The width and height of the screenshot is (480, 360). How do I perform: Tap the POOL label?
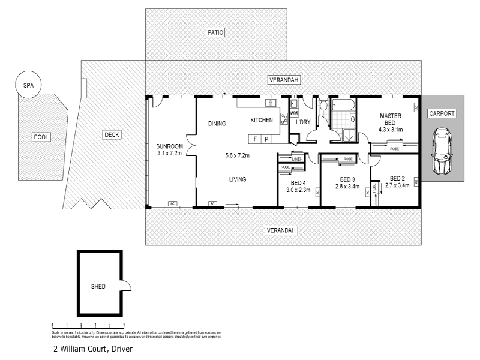[41, 137]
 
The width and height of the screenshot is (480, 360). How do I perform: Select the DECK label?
[112, 135]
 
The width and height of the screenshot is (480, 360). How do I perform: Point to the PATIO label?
[215, 32]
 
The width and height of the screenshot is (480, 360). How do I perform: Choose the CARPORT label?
[442, 113]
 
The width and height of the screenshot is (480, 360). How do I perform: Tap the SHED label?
[98, 286]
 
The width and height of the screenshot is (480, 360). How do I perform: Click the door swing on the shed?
[125, 287]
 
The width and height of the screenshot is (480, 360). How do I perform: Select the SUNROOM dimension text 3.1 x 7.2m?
[169, 153]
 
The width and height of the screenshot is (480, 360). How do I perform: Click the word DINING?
[217, 124]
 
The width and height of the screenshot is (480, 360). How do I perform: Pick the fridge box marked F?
[255, 139]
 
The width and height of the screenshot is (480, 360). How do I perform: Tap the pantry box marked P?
[267, 139]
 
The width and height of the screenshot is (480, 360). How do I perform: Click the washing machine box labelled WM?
[294, 113]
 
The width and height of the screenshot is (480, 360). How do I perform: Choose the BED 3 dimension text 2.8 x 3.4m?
[347, 187]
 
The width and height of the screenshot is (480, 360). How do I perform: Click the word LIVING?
[238, 179]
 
